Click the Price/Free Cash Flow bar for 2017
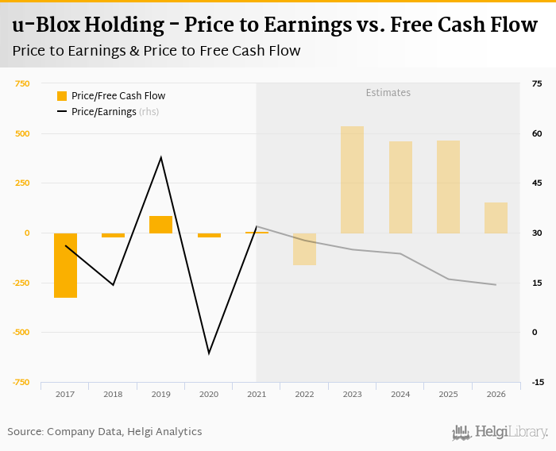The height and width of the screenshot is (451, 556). point(65,265)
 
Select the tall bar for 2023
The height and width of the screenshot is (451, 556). point(352,179)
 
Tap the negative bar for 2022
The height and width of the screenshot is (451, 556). point(304,249)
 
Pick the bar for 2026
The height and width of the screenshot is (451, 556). point(496,218)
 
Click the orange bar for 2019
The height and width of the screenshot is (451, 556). point(160,225)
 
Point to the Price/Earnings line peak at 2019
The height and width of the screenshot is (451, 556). point(161,157)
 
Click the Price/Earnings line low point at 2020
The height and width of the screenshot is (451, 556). point(209,353)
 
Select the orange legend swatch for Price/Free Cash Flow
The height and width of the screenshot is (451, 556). point(62,96)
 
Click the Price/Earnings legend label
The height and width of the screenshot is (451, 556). point(103,112)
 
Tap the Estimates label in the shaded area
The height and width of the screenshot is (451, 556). point(388,93)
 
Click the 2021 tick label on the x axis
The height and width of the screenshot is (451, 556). point(257,394)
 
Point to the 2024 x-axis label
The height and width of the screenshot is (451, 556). point(400,394)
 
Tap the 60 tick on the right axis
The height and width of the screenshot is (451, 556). point(537,133)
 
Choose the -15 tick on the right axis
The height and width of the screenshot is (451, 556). point(538,382)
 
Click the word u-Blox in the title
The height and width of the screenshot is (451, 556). point(44,25)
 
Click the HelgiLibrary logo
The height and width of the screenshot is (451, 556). point(500,432)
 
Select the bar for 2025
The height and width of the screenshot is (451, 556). point(448,187)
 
